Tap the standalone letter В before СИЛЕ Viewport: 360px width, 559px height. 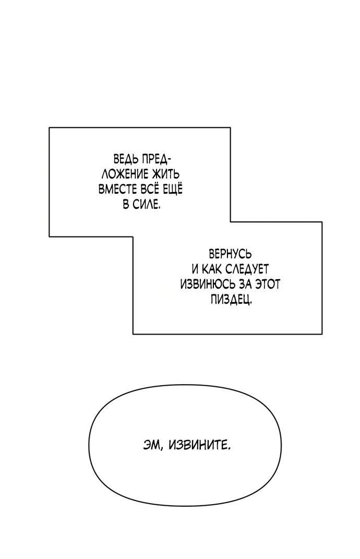tap(126, 205)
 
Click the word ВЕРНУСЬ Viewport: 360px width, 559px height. tap(230, 255)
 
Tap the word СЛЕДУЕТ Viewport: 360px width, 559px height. tap(247, 270)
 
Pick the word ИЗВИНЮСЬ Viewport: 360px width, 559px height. tap(206, 285)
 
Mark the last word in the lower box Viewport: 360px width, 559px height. tap(230, 300)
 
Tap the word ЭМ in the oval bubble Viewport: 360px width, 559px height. tap(151, 446)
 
